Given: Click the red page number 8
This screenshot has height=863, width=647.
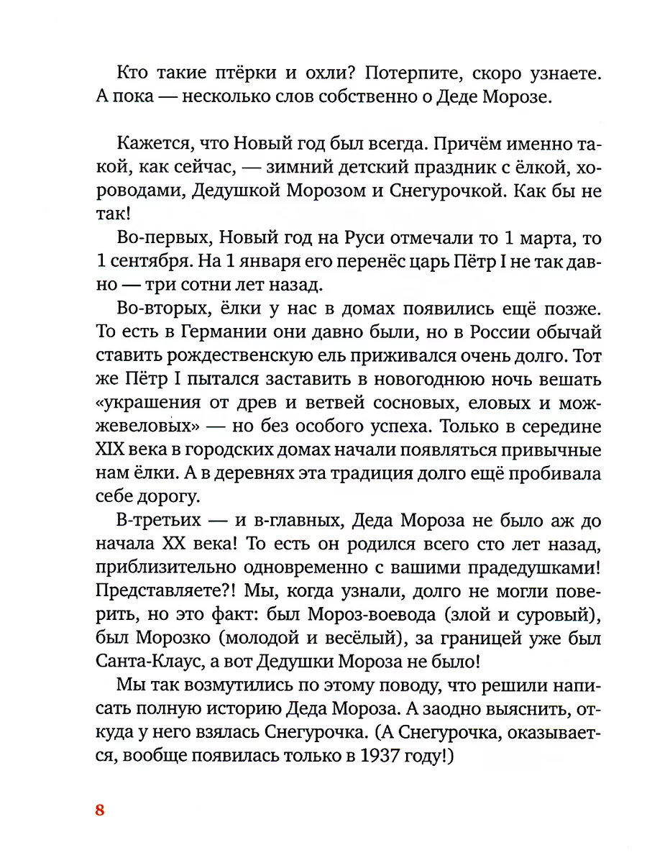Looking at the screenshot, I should click(x=100, y=811).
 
